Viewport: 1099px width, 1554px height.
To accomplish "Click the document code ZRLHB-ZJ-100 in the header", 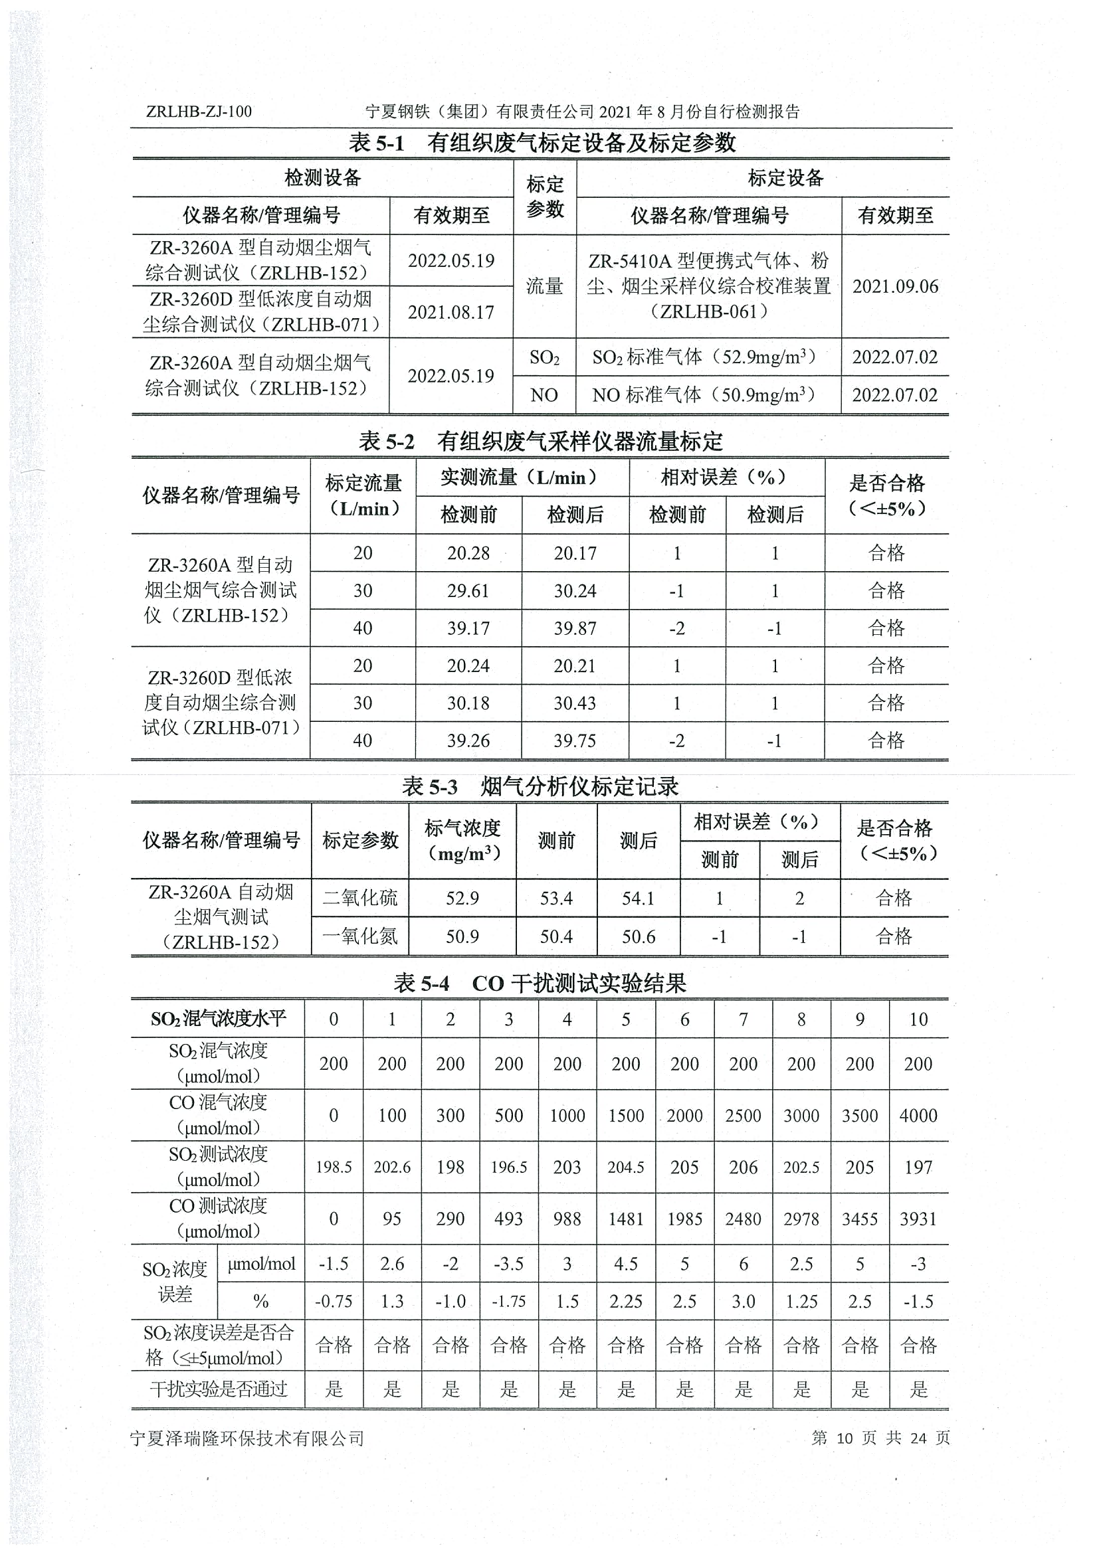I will pyautogui.click(x=199, y=112).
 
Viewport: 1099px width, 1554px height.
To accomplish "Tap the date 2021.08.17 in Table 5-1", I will pyautogui.click(x=451, y=312).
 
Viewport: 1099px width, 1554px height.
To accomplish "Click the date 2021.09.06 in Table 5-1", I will pyautogui.click(x=895, y=286).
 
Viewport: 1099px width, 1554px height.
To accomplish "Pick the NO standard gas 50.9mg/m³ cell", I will pyautogui.click(x=704, y=394).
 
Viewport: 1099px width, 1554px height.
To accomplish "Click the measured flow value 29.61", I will pyautogui.click(x=468, y=591).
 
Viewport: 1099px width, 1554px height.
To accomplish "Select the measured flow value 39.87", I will pyautogui.click(x=575, y=628).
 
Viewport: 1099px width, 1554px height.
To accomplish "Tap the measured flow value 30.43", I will pyautogui.click(x=575, y=703).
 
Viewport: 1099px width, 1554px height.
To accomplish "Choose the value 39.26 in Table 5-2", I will pyautogui.click(x=468, y=740).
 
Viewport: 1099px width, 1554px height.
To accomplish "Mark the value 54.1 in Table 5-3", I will pyautogui.click(x=638, y=898).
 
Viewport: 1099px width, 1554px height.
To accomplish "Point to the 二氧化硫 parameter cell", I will pyautogui.click(x=360, y=898).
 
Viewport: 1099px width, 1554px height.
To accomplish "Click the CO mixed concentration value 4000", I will pyautogui.click(x=918, y=1116).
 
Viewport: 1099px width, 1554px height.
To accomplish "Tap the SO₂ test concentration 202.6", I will pyautogui.click(x=392, y=1167).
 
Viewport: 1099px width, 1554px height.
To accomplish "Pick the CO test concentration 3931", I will pyautogui.click(x=918, y=1219).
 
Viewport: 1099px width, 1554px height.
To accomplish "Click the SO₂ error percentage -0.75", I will pyautogui.click(x=333, y=1301).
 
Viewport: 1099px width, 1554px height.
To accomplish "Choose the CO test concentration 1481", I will pyautogui.click(x=626, y=1219).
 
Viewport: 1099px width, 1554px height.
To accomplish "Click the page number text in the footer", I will pyautogui.click(x=880, y=1438).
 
